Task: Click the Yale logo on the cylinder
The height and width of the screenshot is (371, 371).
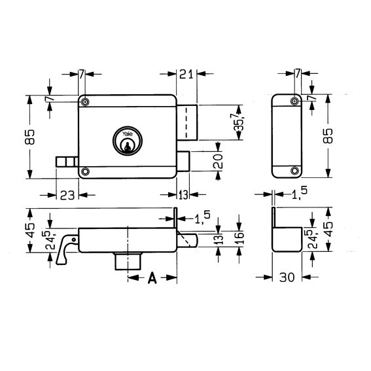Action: coord(128,134)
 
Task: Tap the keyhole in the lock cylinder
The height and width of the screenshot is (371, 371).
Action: coord(128,147)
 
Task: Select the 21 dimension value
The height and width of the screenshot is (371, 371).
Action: coord(186,74)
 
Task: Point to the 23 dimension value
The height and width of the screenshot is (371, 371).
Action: coord(67,195)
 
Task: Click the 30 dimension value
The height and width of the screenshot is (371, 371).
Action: coord(287,277)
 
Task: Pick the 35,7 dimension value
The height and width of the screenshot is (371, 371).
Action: coord(238,122)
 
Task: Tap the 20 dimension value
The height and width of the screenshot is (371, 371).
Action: coord(218,161)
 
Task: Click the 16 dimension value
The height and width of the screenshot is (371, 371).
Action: coord(239,238)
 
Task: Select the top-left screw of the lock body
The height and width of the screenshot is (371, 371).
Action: coord(85,102)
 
